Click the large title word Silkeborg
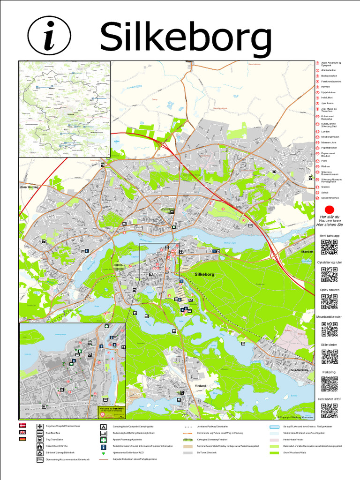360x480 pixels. [186, 37]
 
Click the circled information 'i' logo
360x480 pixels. [49, 36]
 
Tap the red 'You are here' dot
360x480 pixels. [329, 210]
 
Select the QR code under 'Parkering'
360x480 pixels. [329, 384]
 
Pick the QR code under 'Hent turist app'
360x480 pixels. [329, 247]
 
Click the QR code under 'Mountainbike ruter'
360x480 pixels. [329, 329]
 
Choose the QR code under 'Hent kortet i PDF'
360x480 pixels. [329, 411]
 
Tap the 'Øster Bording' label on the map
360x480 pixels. [30, 187]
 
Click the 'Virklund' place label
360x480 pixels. [200, 386]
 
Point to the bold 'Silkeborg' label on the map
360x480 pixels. [204, 273]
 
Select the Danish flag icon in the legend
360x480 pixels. [22, 426]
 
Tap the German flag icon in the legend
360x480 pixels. [22, 439]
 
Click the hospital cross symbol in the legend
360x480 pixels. [40, 426]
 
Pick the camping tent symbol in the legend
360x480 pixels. [103, 427]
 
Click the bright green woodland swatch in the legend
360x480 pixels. [274, 453]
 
